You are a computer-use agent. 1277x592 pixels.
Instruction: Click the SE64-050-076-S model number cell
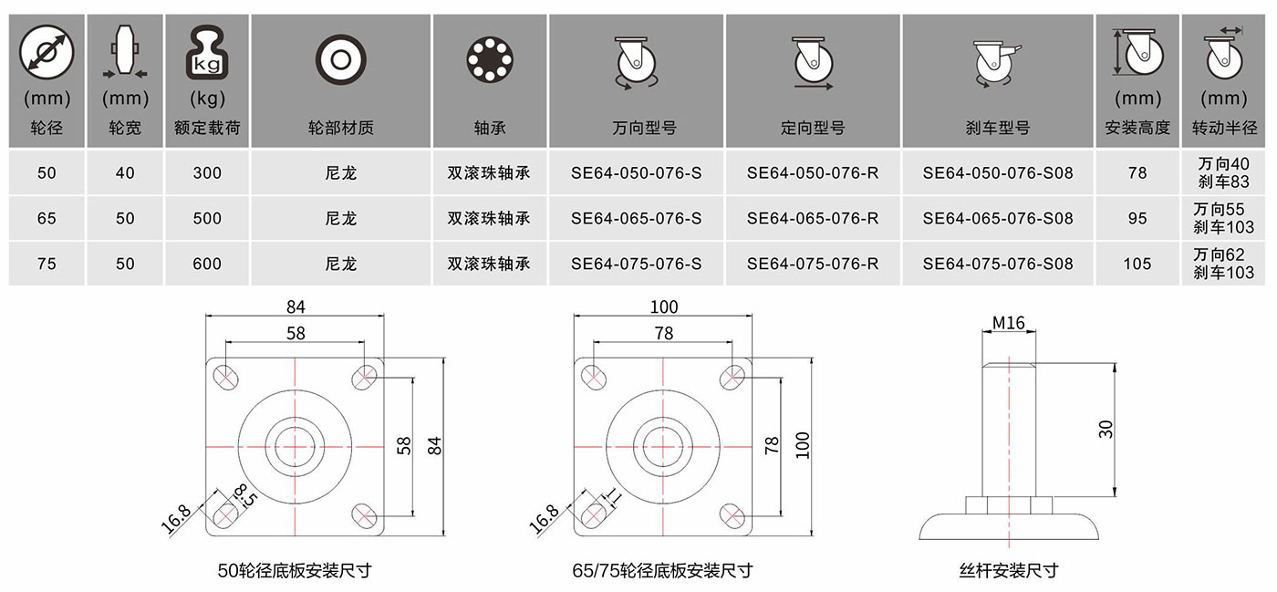[x=637, y=172]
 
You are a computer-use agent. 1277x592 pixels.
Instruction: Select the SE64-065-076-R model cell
[x=813, y=218]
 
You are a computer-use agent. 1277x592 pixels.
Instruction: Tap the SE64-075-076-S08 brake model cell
[x=998, y=264]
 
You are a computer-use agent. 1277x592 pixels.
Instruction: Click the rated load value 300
[x=207, y=172]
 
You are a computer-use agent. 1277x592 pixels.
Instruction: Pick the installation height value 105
[x=1137, y=264]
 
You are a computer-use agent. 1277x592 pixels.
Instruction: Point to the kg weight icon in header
[x=207, y=53]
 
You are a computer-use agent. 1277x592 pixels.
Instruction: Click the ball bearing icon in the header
[x=490, y=60]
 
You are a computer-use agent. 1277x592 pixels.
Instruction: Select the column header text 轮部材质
[x=341, y=128]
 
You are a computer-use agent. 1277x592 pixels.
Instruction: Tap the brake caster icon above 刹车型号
[x=996, y=64]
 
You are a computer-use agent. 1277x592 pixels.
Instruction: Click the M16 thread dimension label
[x=1009, y=324]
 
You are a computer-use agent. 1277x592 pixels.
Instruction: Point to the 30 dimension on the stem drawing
[x=1106, y=429]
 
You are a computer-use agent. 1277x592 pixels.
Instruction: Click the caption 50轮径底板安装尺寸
[x=295, y=570]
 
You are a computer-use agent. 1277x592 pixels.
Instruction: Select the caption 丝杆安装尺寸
[x=1009, y=570]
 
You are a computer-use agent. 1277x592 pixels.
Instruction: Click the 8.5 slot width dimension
[x=246, y=495]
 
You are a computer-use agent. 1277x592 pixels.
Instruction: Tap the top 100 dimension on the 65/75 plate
[x=664, y=307]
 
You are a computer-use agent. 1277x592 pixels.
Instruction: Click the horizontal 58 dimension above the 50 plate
[x=296, y=333]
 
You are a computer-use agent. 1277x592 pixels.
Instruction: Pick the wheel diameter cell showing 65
[x=47, y=218]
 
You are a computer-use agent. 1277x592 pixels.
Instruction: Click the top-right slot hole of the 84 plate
[x=364, y=377]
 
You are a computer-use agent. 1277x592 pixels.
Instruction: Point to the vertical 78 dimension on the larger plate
[x=772, y=445]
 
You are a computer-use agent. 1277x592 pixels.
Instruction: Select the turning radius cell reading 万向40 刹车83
[x=1223, y=172]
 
